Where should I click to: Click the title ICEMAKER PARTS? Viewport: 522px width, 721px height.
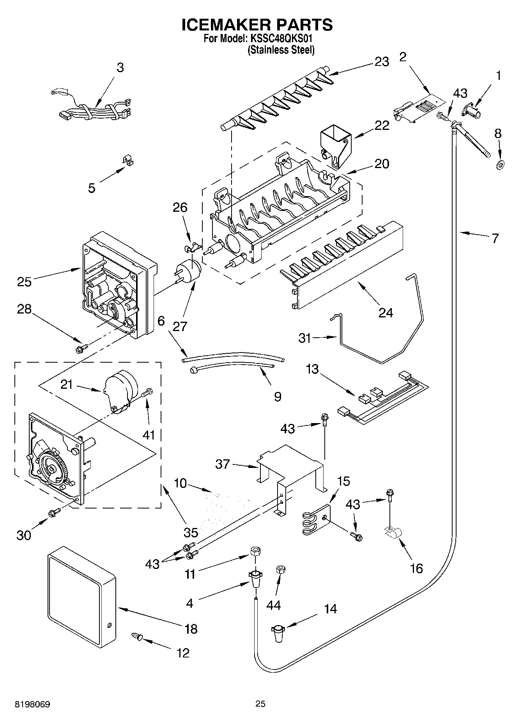257,25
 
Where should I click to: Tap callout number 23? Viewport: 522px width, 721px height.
382,62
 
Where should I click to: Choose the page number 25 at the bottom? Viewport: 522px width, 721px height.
260,703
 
